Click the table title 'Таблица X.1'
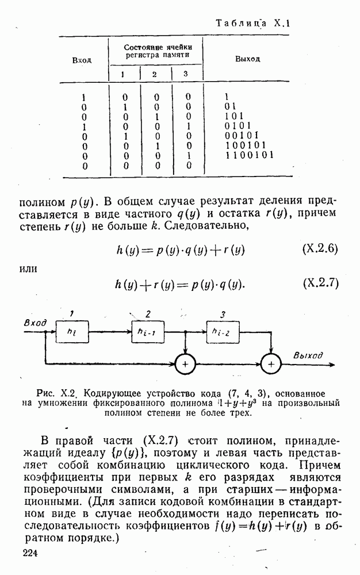pyautogui.click(x=252, y=24)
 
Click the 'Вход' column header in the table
pyautogui.click(x=82, y=60)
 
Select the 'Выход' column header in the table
pyautogui.click(x=247, y=59)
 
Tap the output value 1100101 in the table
pyautogui.click(x=249, y=155)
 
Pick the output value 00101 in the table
pyautogui.click(x=242, y=135)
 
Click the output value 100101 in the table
pyautogui.click(x=246, y=145)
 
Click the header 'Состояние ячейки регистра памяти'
pyautogui.click(x=158, y=51)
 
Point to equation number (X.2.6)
pyautogui.click(x=320, y=249)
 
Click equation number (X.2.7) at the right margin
pyautogui.click(x=321, y=283)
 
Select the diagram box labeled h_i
pyautogui.click(x=72, y=332)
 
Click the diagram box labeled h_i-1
pyautogui.click(x=148, y=332)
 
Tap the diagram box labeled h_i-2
pyautogui.click(x=223, y=332)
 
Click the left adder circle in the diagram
pyautogui.click(x=185, y=365)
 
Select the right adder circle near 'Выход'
pyautogui.click(x=271, y=365)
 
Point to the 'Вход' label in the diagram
pyautogui.click(x=35, y=323)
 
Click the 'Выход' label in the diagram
pyautogui.click(x=308, y=355)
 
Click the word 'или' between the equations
pyautogui.click(x=28, y=269)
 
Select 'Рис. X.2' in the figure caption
pyautogui.click(x=56, y=394)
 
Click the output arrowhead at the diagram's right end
pyautogui.click(x=332, y=365)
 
